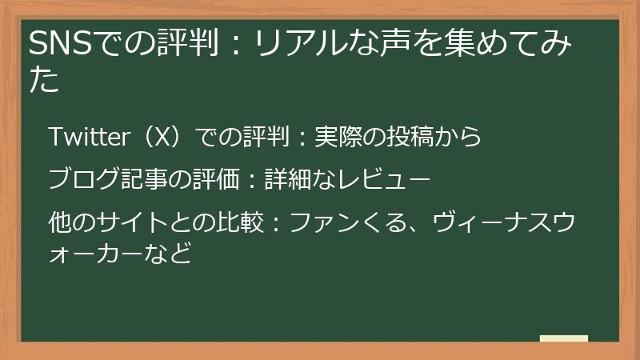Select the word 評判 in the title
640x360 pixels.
point(192,45)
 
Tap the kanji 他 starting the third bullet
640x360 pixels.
point(60,217)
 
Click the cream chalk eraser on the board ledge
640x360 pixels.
point(563,338)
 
